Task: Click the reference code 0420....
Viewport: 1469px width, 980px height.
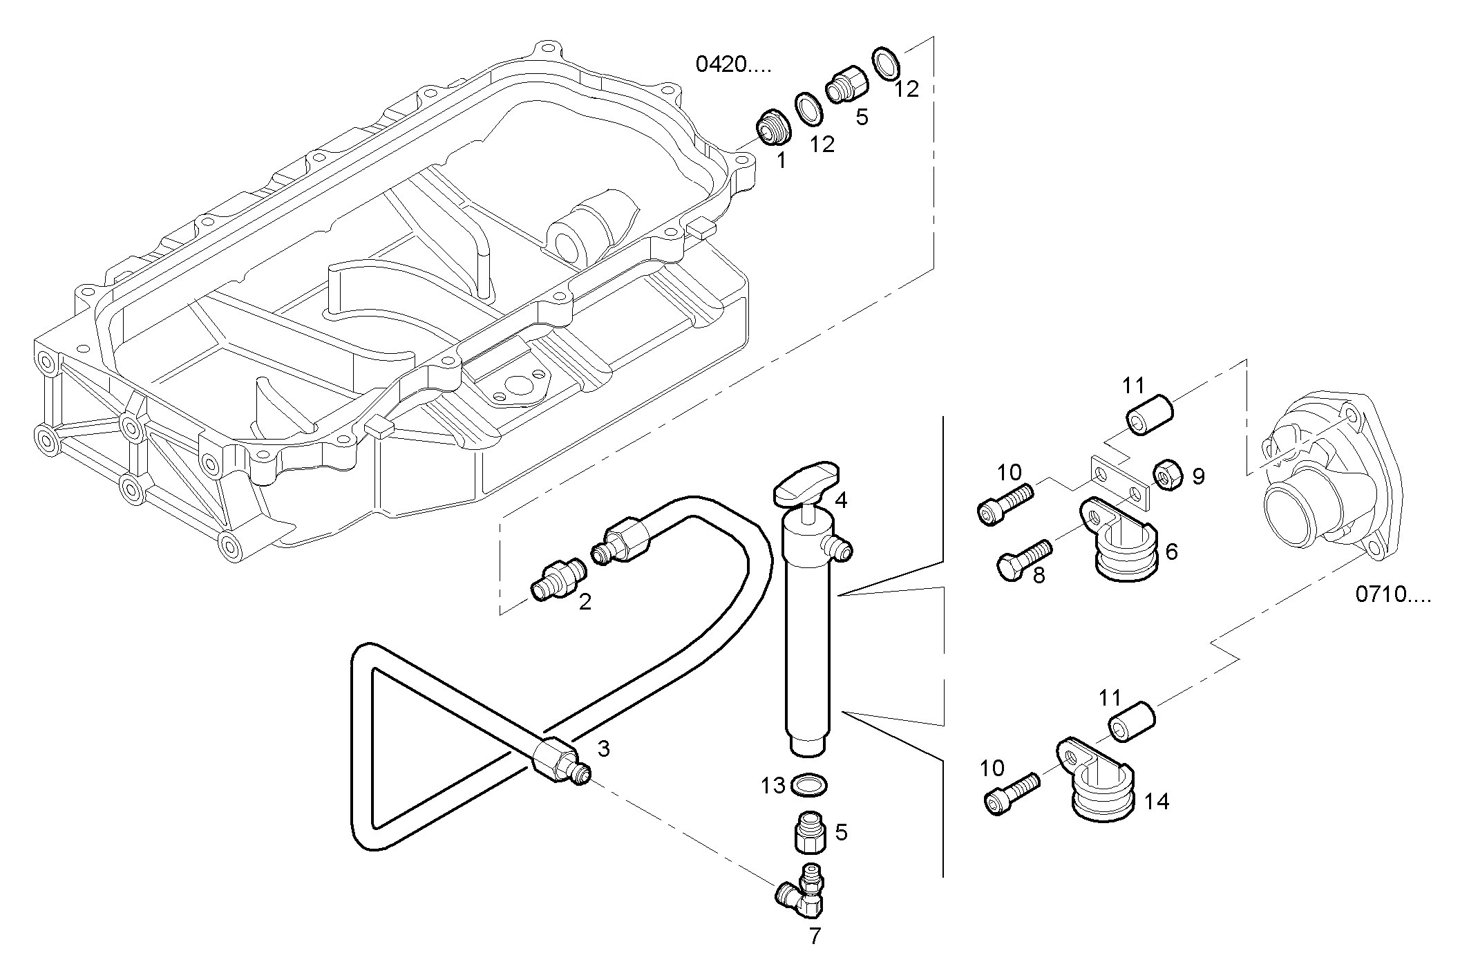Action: click(732, 65)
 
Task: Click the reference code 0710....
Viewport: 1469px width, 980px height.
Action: click(1392, 594)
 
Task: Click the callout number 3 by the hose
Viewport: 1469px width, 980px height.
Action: click(603, 748)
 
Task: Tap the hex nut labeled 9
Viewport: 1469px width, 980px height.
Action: click(1166, 475)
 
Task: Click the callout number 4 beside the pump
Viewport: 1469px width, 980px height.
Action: click(841, 500)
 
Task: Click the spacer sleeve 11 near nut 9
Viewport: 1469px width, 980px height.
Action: click(1150, 413)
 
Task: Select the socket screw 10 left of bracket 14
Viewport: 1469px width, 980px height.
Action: click(1011, 793)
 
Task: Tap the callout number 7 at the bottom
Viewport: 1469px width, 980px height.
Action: click(815, 937)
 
